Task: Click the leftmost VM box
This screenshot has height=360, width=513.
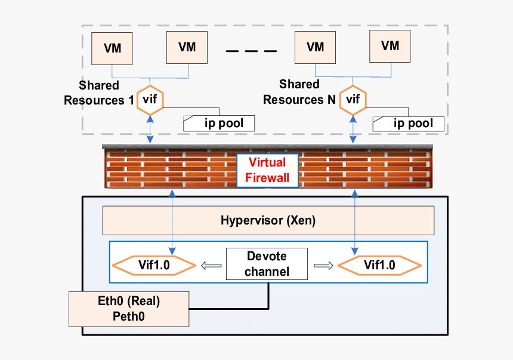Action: (x=112, y=48)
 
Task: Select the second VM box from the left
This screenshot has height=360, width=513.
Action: (x=187, y=47)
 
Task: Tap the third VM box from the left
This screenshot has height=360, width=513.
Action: (x=316, y=47)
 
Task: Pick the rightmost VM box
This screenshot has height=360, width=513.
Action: (x=390, y=45)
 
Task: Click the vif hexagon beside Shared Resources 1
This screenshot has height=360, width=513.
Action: (x=150, y=100)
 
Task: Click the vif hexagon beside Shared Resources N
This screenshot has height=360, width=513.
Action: (x=353, y=99)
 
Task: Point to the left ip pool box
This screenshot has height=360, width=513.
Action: (x=219, y=124)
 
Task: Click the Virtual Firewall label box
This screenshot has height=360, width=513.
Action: (x=268, y=170)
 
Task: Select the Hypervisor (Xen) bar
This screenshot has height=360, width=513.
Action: (x=268, y=221)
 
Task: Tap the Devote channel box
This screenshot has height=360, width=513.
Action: (x=267, y=264)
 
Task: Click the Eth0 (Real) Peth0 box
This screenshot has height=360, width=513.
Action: (x=129, y=309)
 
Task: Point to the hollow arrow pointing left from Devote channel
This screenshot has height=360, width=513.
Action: (x=211, y=265)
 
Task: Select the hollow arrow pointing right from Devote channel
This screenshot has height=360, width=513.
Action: (x=323, y=265)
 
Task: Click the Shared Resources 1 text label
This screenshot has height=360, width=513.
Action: (x=99, y=93)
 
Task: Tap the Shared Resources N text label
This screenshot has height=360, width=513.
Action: (x=299, y=92)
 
